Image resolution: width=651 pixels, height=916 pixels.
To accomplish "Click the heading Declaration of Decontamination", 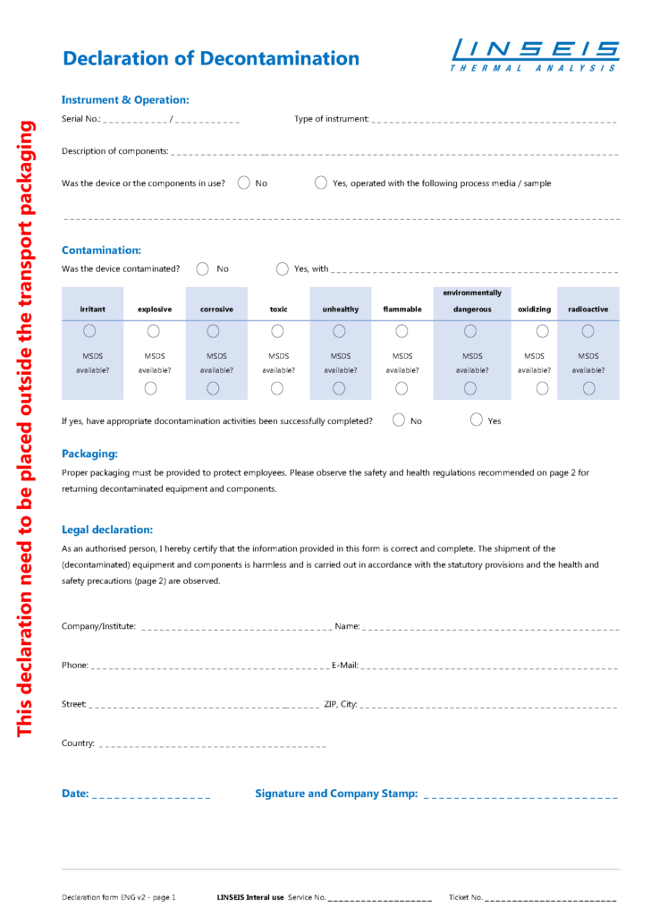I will [211, 59].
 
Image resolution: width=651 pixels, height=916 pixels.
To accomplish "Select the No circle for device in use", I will [244, 183].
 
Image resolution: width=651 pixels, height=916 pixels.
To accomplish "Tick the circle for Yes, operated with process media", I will [321, 183].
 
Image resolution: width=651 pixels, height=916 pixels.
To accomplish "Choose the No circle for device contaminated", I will [203, 268].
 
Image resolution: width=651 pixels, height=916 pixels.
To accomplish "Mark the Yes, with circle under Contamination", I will [283, 268].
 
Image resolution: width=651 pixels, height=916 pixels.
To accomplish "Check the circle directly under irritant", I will [89, 331].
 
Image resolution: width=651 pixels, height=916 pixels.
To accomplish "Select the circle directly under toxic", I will [278, 331].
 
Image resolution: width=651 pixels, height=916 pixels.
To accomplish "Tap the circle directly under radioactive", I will [588, 331].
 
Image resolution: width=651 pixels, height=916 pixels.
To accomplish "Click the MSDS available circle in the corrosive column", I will [213, 388].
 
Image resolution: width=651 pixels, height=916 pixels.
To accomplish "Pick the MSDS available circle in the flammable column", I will [402, 388].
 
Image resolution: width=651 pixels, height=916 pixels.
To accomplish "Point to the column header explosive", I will [155, 310].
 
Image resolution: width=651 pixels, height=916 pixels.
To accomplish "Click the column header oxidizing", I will [534, 310].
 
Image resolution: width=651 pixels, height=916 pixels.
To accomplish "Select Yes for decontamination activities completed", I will [477, 420].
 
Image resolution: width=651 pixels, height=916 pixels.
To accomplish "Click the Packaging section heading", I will [89, 454].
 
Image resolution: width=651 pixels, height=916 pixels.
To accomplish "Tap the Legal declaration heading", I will [107, 530].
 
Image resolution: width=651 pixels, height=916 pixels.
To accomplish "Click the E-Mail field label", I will [345, 666].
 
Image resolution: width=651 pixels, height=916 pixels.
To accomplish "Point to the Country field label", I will [78, 743].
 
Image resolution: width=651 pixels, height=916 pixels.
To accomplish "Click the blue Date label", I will [75, 793].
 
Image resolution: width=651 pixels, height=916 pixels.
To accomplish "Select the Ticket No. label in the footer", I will [466, 896].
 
